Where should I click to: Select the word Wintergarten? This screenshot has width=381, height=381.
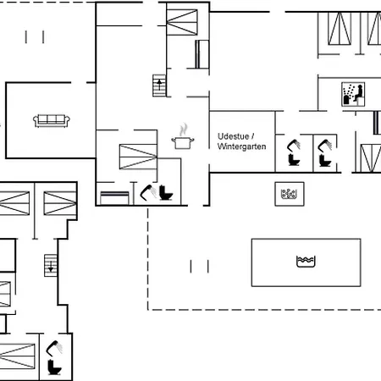pos(243,146)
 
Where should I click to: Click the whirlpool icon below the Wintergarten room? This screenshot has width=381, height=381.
pos(289,194)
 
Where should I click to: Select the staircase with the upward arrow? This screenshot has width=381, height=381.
pos(159,85)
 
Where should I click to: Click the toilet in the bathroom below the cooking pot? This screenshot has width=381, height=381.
pos(166,194)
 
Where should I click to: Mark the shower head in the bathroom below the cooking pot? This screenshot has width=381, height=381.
pos(147,191)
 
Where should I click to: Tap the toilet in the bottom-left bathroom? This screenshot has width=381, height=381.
pos(56,367)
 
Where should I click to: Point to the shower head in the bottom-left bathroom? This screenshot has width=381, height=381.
pos(52,347)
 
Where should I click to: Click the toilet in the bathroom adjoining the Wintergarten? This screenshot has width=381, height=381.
pos(294,156)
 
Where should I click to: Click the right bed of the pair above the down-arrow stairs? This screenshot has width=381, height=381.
pos(58,203)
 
